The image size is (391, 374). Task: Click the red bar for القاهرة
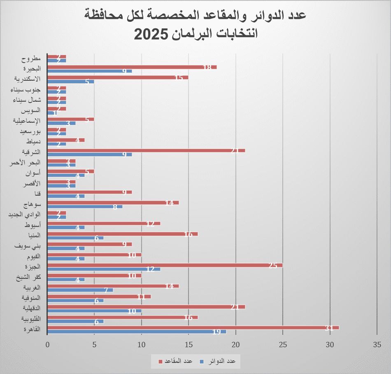click(193, 328)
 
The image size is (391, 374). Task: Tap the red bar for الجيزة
click(165, 265)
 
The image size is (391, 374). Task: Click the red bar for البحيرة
click(132, 67)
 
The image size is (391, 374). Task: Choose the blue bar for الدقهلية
click(95, 311)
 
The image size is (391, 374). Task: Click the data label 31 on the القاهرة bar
click(329, 328)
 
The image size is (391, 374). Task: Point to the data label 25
click(272, 266)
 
